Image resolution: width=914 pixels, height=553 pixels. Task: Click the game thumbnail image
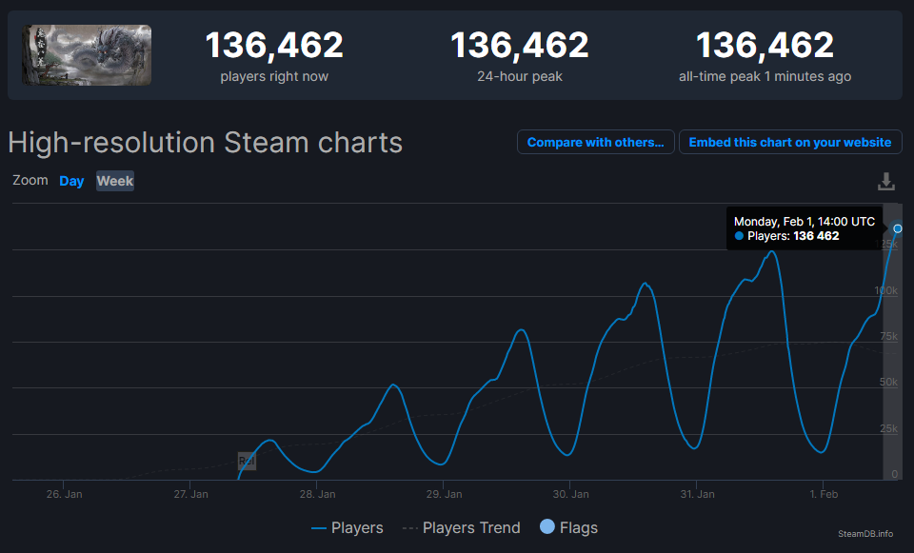click(x=87, y=55)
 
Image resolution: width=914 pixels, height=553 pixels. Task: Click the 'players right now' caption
click(x=274, y=76)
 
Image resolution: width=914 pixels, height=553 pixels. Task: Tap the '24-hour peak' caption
click(x=519, y=76)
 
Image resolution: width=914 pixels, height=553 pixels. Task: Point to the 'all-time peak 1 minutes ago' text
click(x=765, y=76)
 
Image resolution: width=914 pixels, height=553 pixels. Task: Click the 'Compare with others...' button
click(x=595, y=142)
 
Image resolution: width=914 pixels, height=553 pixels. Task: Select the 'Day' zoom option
click(x=71, y=181)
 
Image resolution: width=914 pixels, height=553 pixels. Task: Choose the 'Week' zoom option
click(x=115, y=181)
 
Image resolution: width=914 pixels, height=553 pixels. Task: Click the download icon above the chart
click(x=886, y=181)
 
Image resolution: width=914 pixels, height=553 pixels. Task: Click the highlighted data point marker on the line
click(x=897, y=228)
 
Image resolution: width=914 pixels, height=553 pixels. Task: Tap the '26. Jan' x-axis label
click(x=65, y=494)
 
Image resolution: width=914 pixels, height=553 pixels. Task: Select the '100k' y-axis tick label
click(x=885, y=289)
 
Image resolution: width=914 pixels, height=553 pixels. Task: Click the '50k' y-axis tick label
click(x=888, y=382)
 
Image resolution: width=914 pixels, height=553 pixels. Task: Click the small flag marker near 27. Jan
click(x=247, y=461)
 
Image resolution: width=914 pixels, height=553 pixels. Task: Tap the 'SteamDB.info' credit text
click(x=864, y=534)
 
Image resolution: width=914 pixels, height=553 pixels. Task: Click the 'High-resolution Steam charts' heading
click(x=205, y=143)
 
